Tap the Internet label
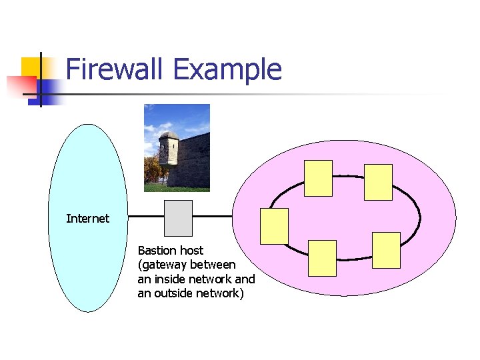[x=87, y=219]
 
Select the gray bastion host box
[x=178, y=218]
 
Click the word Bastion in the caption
[x=157, y=251]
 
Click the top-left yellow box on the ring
[x=318, y=179]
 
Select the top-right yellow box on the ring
[x=378, y=182]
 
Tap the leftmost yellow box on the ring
[x=274, y=226]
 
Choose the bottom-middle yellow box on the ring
[x=323, y=258]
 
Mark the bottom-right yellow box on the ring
[x=386, y=250]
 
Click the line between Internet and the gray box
[x=146, y=217]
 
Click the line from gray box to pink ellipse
[x=212, y=217]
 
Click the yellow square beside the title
[x=31, y=67]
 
